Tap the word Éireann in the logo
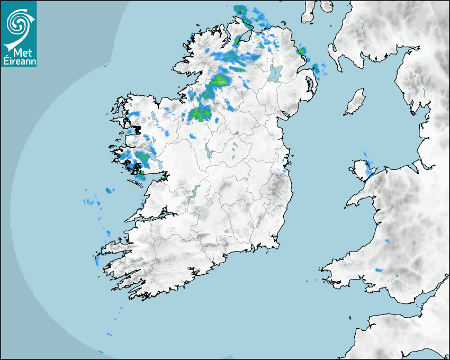coord(19,61)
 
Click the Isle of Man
coord(355,102)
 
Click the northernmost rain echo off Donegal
coord(241,10)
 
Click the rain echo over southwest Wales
coord(379,270)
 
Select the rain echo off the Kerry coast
coord(97,261)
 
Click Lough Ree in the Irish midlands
coord(206,152)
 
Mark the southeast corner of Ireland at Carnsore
coord(277,245)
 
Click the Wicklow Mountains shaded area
coord(275,188)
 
